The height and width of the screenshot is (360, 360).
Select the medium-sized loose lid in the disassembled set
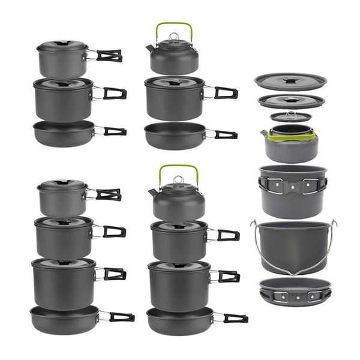[x=291, y=100]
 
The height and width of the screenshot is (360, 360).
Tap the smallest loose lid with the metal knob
[x=291, y=116]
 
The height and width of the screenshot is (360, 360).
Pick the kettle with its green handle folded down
[x=291, y=144]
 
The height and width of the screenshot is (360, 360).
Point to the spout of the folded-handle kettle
[x=263, y=133]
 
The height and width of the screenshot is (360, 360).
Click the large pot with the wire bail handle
[x=293, y=246]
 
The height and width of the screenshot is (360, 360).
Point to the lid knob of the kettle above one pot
[x=173, y=37]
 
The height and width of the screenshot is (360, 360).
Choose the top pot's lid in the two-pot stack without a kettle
[x=62, y=45]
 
